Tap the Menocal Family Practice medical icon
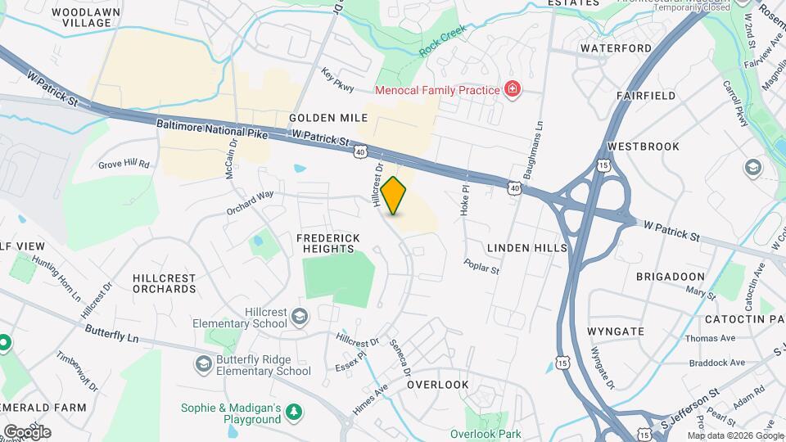point(513,89)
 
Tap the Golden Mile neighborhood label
point(328,119)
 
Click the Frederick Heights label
point(325,243)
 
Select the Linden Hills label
point(526,247)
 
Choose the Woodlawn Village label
point(80,18)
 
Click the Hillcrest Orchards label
point(165,283)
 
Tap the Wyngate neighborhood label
point(616,331)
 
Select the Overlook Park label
point(486,434)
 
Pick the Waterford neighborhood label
point(616,48)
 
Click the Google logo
point(27,431)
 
